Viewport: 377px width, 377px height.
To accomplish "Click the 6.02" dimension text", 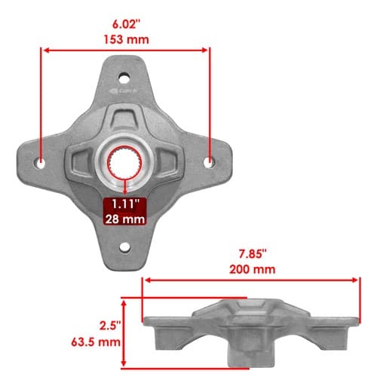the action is pyautogui.click(x=126, y=24).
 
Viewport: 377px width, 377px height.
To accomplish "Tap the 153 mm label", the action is pyautogui.click(x=127, y=40).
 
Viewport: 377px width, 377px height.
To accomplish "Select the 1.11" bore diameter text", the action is pyautogui.click(x=125, y=204).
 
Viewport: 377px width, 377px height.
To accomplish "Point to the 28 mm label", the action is pyautogui.click(x=125, y=219).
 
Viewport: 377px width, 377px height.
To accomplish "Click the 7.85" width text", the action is pyautogui.click(x=253, y=254).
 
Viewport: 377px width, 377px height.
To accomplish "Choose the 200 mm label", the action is pyautogui.click(x=253, y=269).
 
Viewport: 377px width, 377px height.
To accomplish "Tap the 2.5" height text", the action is pyautogui.click(x=110, y=326).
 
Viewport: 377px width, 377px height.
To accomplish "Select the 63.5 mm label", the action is pyautogui.click(x=96, y=342).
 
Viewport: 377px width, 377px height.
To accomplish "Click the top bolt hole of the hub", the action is pyautogui.click(x=124, y=78).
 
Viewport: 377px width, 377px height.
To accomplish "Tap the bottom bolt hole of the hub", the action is pyautogui.click(x=124, y=247).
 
